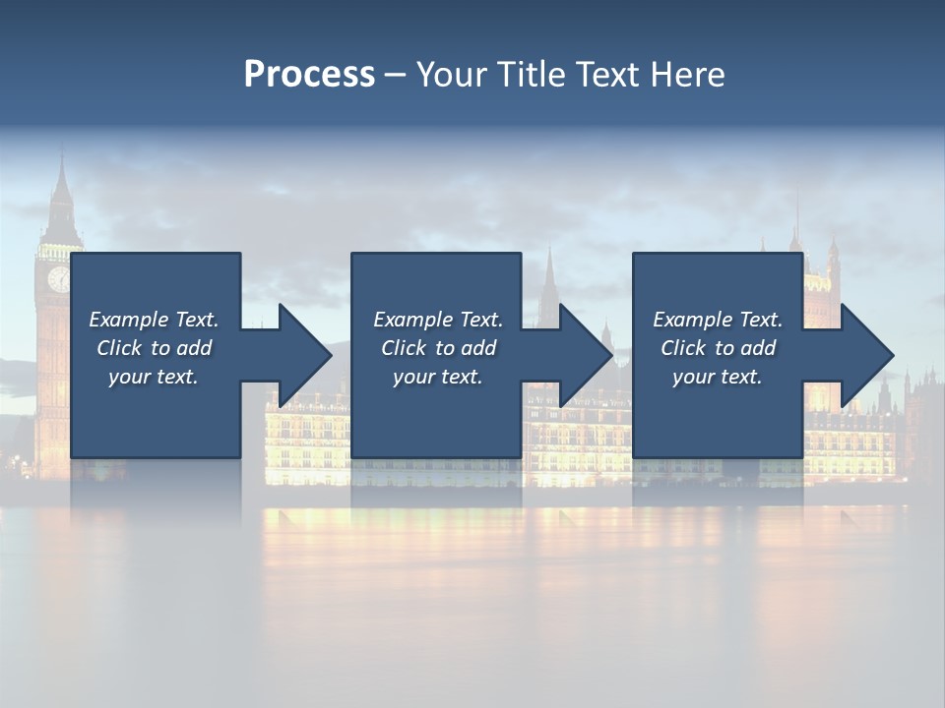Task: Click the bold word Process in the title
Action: pos(309,75)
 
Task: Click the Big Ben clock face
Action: pos(58,278)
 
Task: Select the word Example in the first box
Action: pos(129,320)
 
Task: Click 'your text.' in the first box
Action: pos(154,377)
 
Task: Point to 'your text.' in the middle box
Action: pos(437,377)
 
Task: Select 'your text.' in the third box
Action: pos(718,377)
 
